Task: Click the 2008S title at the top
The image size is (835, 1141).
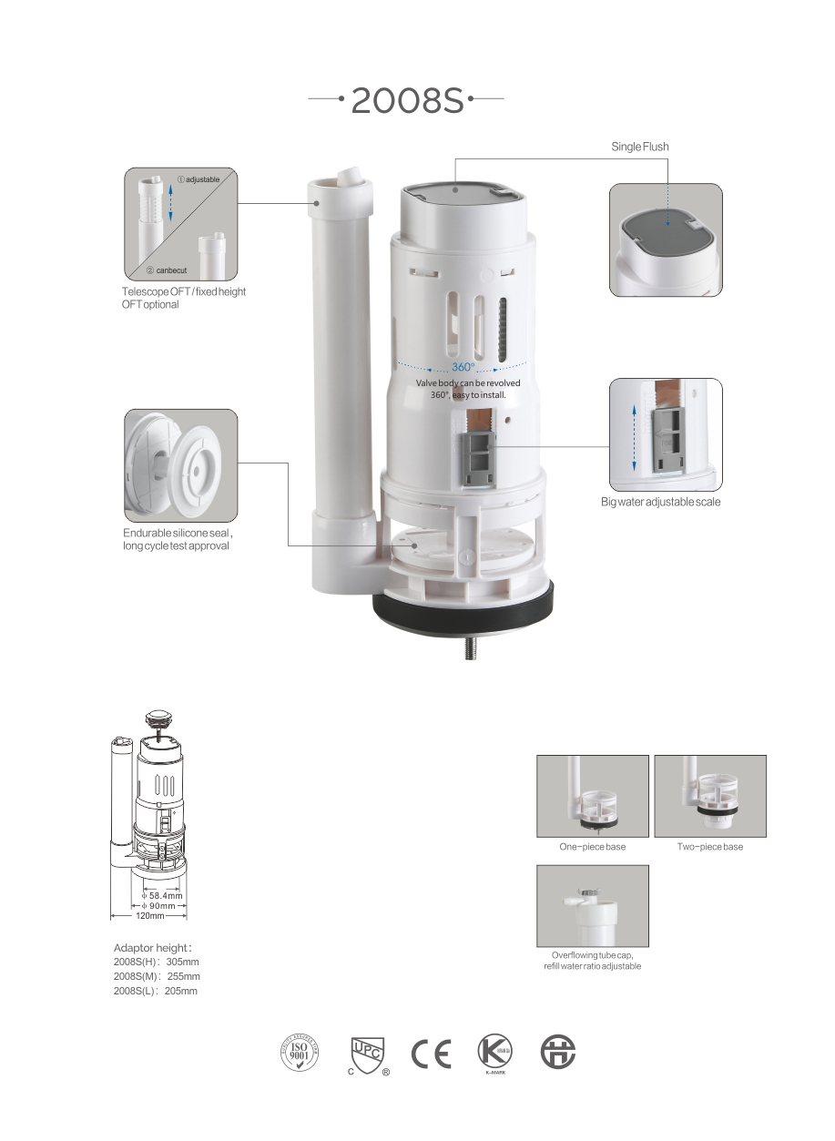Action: [x=408, y=100]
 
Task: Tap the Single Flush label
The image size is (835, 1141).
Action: [x=640, y=147]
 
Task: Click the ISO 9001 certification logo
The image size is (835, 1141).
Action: [x=300, y=1053]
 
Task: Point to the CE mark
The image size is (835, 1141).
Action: [x=431, y=1054]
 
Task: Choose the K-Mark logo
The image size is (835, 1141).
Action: [x=494, y=1053]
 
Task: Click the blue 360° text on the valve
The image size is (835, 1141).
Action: [x=463, y=367]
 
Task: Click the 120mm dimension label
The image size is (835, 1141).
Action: [x=149, y=915]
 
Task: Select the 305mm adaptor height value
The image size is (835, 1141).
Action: [x=182, y=962]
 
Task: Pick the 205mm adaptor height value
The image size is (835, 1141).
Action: [x=181, y=991]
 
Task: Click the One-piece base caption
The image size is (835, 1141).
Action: [x=593, y=847]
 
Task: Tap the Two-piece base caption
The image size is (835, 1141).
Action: [x=710, y=847]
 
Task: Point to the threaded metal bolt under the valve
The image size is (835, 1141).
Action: [x=472, y=648]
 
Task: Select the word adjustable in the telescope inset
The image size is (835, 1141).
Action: [x=202, y=179]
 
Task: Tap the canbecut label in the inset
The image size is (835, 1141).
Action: [x=171, y=270]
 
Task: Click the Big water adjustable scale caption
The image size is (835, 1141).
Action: [x=661, y=502]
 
